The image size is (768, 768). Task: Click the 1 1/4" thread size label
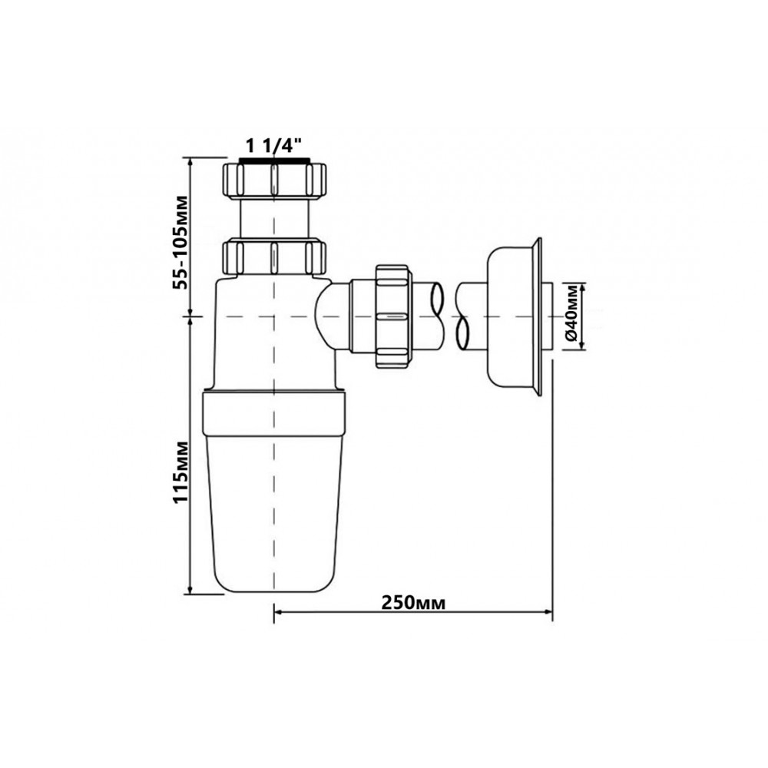[274, 146]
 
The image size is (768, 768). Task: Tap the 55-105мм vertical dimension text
[182, 243]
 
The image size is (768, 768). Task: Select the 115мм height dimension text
[182, 472]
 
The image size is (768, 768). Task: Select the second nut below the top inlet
[274, 257]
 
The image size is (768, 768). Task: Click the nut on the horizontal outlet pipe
[392, 316]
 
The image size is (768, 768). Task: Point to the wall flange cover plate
[514, 316]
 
